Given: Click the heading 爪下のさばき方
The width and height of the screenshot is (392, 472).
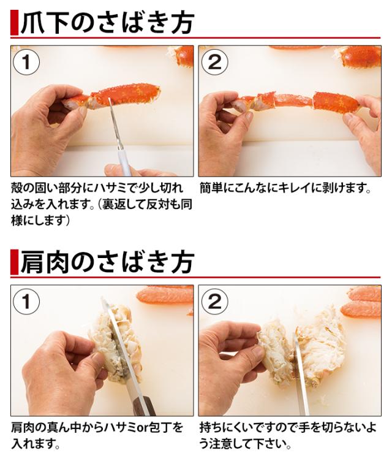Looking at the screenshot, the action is (107, 23).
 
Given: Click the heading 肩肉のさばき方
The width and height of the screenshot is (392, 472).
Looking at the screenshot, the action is (107, 262).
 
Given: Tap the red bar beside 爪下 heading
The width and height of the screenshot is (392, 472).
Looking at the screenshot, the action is (14, 23).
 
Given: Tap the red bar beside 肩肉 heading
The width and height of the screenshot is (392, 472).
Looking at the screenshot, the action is (14, 262).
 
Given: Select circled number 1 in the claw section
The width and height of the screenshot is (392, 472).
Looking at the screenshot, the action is (26, 63).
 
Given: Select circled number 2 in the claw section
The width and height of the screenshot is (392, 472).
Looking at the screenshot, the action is (214, 63).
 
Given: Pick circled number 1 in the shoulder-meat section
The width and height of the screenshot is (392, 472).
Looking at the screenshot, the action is (26, 302).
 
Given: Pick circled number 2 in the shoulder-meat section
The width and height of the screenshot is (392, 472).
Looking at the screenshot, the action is (214, 302).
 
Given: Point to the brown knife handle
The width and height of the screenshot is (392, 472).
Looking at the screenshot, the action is (143, 406).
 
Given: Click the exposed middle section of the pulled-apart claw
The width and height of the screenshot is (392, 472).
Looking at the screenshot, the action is (294, 100).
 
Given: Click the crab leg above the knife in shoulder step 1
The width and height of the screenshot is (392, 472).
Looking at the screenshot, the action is (165, 295).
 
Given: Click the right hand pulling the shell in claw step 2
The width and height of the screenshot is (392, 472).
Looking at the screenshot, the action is (363, 129).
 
